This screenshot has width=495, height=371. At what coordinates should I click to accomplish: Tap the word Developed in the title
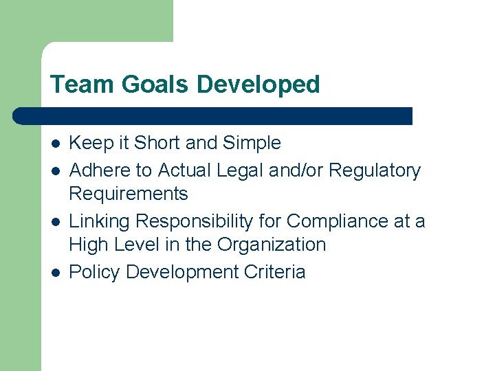[x=258, y=85]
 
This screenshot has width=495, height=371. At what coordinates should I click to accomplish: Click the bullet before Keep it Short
[x=56, y=144]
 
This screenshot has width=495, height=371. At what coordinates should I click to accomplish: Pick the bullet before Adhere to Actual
[x=56, y=170]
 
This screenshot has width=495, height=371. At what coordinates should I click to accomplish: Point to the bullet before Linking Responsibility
[x=56, y=221]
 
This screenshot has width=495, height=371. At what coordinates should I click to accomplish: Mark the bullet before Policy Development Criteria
[x=56, y=272]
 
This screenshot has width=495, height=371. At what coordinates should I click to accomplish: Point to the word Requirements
[x=129, y=194]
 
